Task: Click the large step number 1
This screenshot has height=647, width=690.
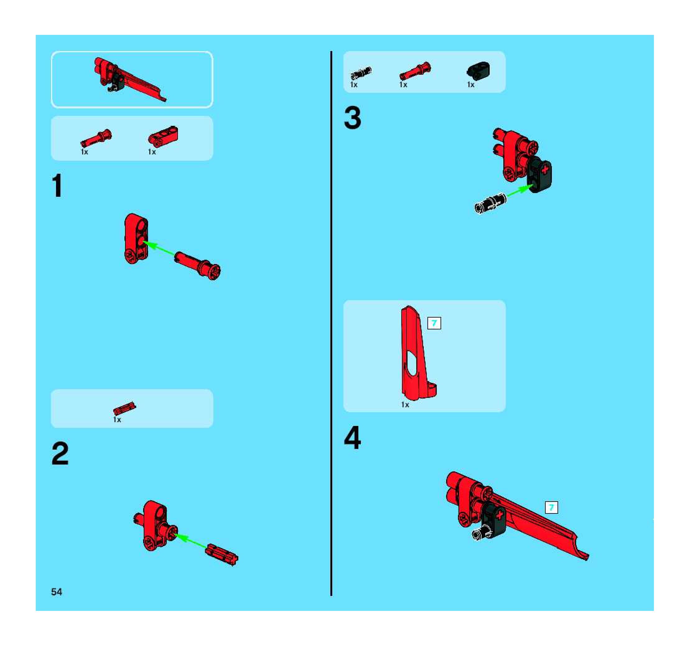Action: point(58,186)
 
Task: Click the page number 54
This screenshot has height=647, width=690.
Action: point(57,592)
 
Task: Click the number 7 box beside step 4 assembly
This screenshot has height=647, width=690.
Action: point(551,508)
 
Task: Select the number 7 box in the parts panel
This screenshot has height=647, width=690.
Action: point(434,323)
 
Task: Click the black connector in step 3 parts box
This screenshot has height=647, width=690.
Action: point(479,70)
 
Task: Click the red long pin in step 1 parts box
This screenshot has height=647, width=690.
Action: point(96,138)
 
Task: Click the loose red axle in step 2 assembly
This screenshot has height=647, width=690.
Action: point(221,555)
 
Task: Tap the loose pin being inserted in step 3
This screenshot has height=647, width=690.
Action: point(490,203)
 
